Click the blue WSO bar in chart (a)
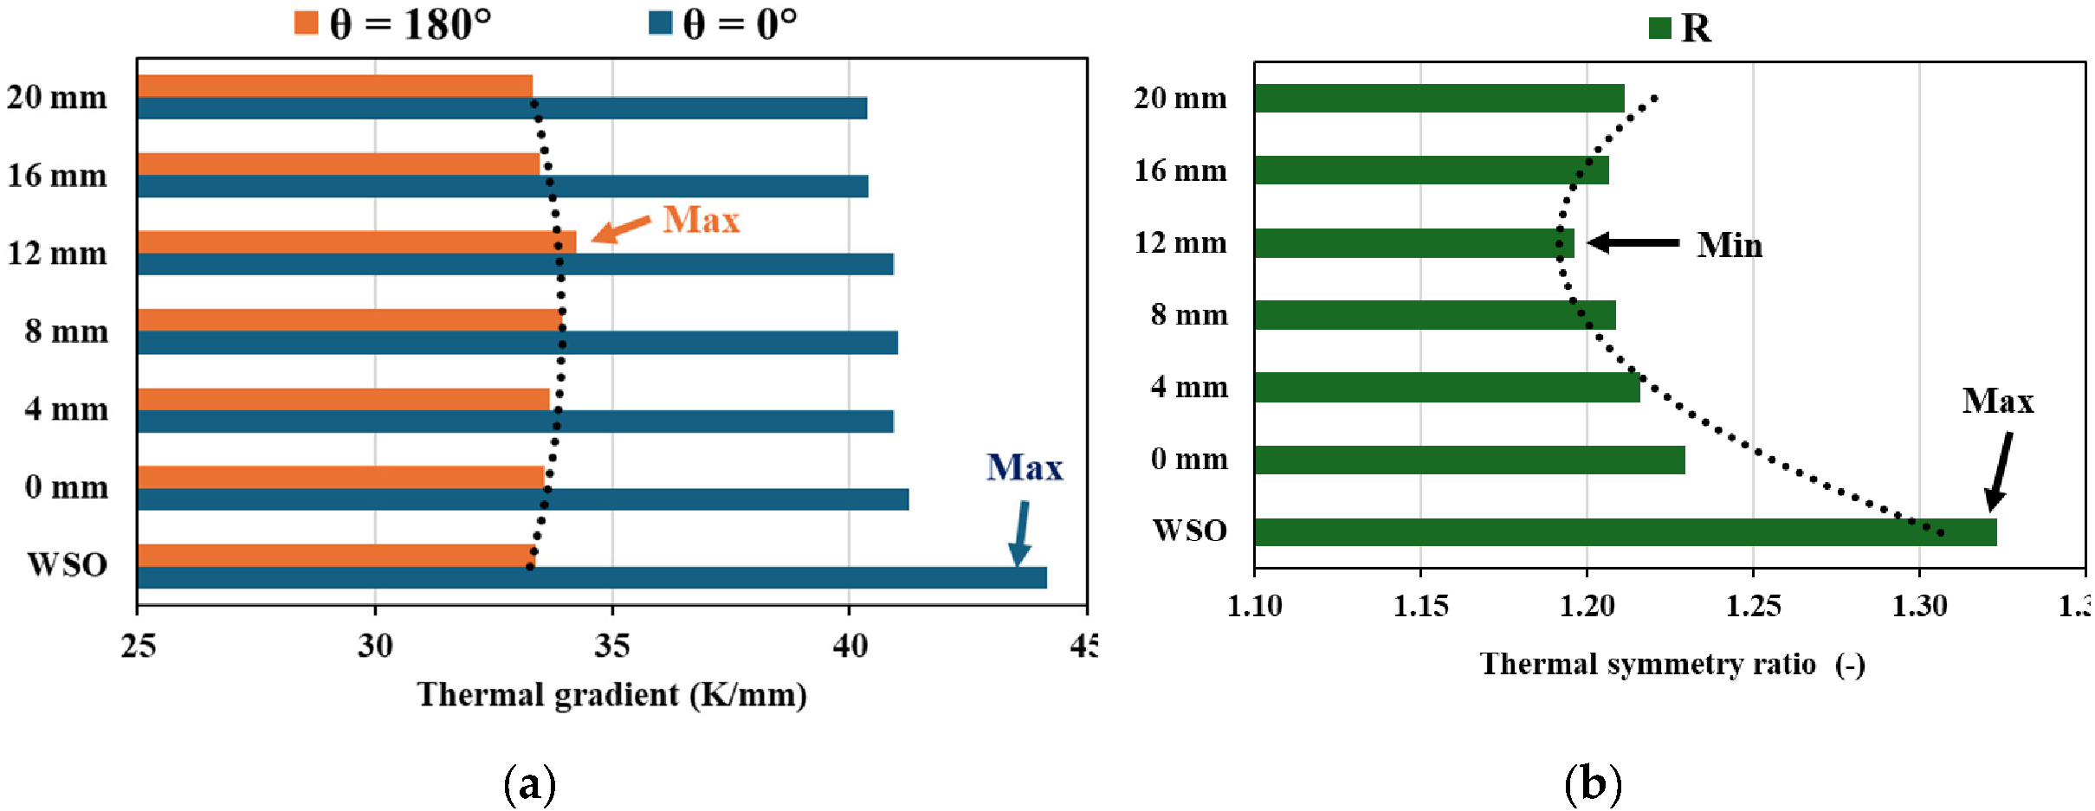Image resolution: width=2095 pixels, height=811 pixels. pyautogui.click(x=592, y=577)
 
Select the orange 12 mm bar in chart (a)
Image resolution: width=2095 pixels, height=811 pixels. pyautogui.click(x=356, y=242)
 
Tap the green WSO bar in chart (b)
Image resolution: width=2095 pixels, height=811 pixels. pyautogui.click(x=1625, y=532)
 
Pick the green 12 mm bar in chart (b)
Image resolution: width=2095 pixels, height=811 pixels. pyautogui.click(x=1413, y=243)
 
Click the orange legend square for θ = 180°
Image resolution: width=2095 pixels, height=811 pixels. pyautogui.click(x=306, y=23)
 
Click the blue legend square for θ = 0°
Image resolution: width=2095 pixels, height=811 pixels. pyautogui.click(x=660, y=23)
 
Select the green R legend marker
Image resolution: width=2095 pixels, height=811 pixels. pyautogui.click(x=1659, y=29)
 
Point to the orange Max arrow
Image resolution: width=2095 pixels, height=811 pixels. pyautogui.click(x=620, y=229)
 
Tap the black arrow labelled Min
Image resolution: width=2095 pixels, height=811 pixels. pyautogui.click(x=1633, y=242)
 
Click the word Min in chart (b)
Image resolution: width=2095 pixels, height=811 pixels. pyautogui.click(x=1729, y=246)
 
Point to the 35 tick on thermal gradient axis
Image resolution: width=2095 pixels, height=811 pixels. pyautogui.click(x=611, y=646)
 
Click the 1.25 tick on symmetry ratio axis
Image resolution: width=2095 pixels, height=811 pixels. pyautogui.click(x=1753, y=606)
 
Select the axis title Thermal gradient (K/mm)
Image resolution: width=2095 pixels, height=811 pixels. pyautogui.click(x=611, y=695)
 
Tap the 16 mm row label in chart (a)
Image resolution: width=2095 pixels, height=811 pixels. pyautogui.click(x=57, y=176)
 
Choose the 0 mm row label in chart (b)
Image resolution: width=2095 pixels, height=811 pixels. pyautogui.click(x=1188, y=459)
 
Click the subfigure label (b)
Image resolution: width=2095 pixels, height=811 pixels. pyautogui.click(x=1592, y=784)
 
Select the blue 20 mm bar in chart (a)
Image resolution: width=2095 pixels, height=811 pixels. pyautogui.click(x=501, y=108)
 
